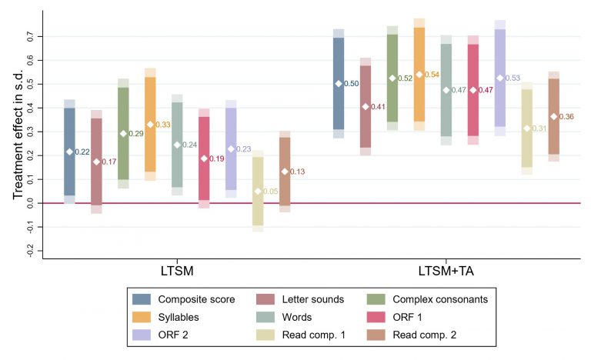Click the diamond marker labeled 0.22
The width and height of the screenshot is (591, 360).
coord(69,152)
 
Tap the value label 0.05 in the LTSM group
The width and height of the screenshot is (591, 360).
coord(270,192)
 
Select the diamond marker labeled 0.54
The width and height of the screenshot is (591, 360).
coord(419,75)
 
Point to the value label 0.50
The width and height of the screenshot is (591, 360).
coord(351,84)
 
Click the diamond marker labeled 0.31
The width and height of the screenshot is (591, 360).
coord(527,128)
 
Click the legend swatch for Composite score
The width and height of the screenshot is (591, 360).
coord(141,299)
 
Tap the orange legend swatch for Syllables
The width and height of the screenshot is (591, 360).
coord(141,316)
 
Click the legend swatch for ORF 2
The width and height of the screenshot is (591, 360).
coord(141,333)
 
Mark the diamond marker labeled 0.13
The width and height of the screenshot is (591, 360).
coord(285,172)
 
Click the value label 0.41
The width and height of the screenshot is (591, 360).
coord(378,107)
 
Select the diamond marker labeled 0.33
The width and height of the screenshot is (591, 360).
coord(150,125)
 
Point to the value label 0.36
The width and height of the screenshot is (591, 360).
coord(566,117)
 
